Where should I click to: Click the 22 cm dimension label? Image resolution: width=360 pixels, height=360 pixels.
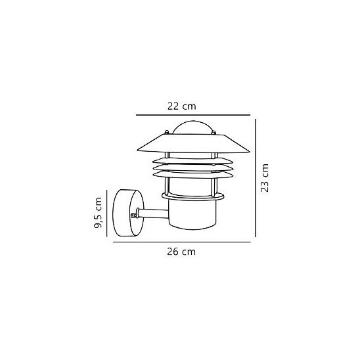(181, 106)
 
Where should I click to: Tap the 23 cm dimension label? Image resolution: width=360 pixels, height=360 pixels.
(265, 178)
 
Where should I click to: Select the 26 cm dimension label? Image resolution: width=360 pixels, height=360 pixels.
(181, 252)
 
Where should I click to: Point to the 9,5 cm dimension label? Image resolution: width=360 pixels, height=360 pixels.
(98, 213)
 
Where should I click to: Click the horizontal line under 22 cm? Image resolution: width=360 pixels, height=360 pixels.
(193, 115)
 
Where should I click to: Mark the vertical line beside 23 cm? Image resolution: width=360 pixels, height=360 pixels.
(256, 178)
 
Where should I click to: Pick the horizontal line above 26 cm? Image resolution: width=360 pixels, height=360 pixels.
(181, 242)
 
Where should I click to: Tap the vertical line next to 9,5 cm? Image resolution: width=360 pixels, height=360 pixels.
(107, 213)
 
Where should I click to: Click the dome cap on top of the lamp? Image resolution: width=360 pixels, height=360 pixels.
(193, 127)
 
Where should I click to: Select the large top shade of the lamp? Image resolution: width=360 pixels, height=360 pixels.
(193, 143)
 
